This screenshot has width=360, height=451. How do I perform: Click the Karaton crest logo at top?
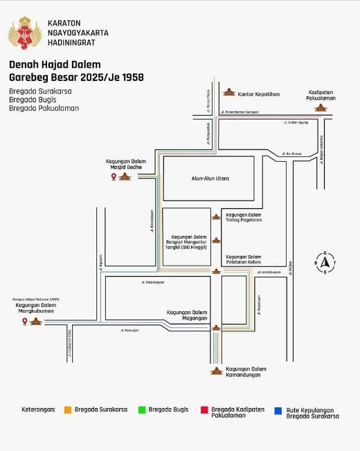(24, 33)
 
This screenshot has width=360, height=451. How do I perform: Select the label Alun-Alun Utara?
(210, 178)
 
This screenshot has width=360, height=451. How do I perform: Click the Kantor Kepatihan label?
(260, 93)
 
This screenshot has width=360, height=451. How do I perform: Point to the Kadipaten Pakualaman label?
(323, 95)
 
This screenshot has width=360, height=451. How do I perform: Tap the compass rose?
(325, 261)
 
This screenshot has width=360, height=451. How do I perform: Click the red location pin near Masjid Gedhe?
(114, 177)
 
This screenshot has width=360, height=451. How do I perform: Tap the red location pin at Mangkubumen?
(25, 322)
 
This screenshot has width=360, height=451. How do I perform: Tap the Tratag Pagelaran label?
(244, 217)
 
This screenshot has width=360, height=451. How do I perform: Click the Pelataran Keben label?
(244, 260)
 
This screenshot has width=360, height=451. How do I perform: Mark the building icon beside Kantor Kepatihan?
(228, 92)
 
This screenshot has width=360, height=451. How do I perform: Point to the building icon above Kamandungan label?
(217, 371)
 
